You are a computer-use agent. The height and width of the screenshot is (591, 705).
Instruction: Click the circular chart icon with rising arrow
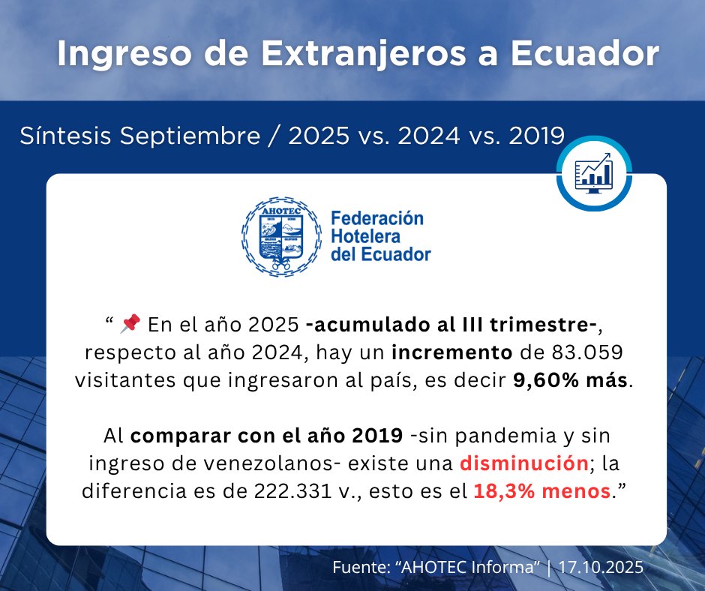(x=592, y=174)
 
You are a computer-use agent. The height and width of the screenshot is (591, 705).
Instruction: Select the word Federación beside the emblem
(x=376, y=218)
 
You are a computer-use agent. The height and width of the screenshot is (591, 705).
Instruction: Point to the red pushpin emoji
(x=130, y=323)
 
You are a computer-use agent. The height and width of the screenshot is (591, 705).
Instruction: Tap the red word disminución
(x=523, y=463)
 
